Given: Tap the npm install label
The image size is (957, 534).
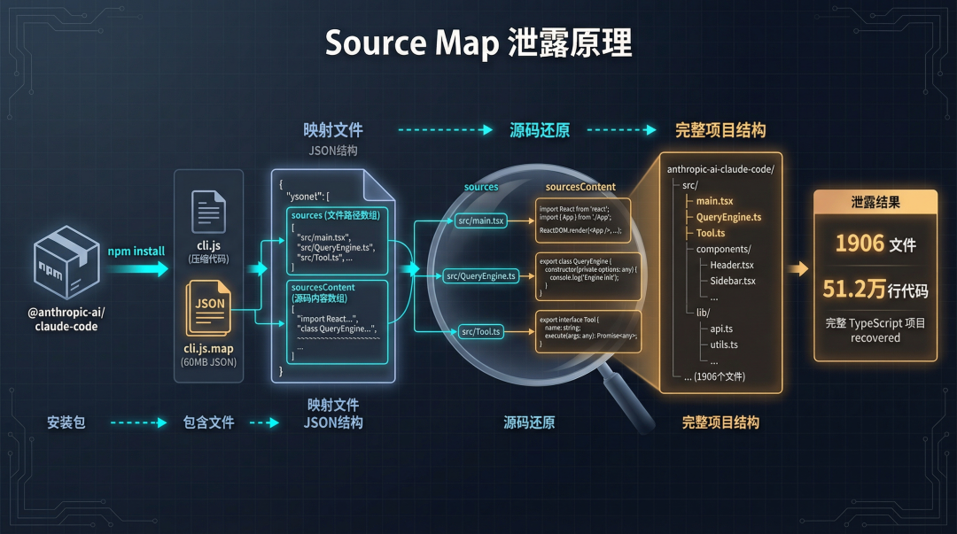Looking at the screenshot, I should pyautogui.click(x=136, y=251).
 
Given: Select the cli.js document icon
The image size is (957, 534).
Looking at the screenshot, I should pyautogui.click(x=208, y=212).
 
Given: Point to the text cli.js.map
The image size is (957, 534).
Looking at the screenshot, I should pyautogui.click(x=208, y=349).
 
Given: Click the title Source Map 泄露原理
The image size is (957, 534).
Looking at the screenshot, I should pyautogui.click(x=478, y=43).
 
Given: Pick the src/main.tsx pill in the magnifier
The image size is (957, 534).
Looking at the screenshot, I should pyautogui.click(x=480, y=221).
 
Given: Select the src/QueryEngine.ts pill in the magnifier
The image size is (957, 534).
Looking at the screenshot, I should pyautogui.click(x=480, y=276).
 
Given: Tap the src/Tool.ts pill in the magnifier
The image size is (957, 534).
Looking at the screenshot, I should pyautogui.click(x=481, y=332).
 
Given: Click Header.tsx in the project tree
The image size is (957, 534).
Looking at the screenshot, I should pyautogui.click(x=732, y=265).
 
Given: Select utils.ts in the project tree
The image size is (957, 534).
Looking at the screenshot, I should pyautogui.click(x=723, y=344).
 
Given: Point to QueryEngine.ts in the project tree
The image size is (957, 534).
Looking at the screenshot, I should pyautogui.click(x=728, y=217).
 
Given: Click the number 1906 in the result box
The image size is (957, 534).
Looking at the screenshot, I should pyautogui.click(x=860, y=244).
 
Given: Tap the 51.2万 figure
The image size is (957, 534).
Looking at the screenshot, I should pyautogui.click(x=853, y=289).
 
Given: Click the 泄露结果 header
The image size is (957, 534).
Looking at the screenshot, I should pyautogui.click(x=875, y=202).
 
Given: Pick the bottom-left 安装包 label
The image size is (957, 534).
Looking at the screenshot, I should pyautogui.click(x=66, y=422).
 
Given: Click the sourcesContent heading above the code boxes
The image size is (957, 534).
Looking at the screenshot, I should pyautogui.click(x=580, y=187).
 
